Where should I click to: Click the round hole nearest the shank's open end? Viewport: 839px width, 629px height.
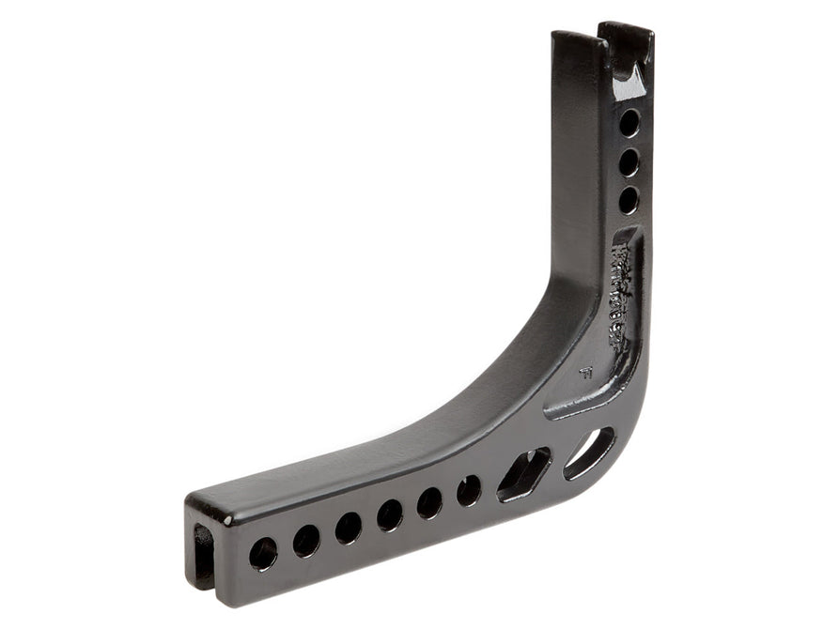click(263, 553)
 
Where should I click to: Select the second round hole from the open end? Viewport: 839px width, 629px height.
click(306, 541)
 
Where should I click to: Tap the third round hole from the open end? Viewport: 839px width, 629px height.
click(349, 528)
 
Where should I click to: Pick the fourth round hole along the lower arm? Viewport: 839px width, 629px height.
click(390, 514)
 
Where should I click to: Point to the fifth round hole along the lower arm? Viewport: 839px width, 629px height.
click(430, 502)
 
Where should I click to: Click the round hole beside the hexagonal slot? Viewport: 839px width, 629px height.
click(469, 489)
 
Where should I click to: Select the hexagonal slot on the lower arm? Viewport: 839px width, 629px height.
click(523, 472)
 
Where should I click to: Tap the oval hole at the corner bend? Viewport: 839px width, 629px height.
click(589, 453)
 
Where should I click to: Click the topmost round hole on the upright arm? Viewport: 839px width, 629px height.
click(629, 122)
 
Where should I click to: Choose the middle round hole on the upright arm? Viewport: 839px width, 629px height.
click(629, 162)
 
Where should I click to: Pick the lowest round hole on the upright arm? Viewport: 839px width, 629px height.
click(629, 199)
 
